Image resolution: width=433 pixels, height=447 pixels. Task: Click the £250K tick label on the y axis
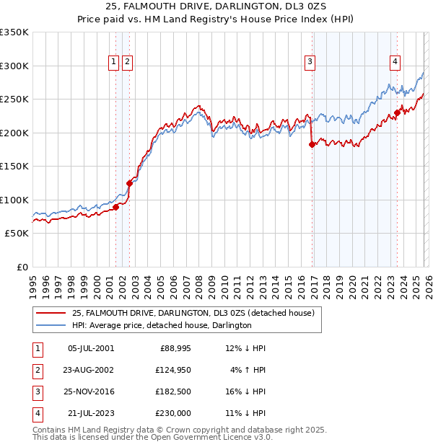pos(14,99)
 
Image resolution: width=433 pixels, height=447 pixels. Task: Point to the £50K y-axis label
pos(17,234)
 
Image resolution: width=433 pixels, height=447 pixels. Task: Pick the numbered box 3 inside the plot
pos(310,63)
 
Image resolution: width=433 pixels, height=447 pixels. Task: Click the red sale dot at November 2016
pos(312,145)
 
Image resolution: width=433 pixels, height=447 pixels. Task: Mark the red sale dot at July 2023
pos(397,112)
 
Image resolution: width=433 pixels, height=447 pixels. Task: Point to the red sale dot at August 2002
pos(130,183)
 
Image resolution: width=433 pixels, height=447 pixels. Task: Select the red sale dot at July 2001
pos(115,208)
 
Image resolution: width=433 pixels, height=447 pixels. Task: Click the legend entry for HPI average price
pos(162,325)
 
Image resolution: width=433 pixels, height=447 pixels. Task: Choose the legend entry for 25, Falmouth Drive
pos(193,313)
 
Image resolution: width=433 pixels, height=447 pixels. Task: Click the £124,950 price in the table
pos(172,369)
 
